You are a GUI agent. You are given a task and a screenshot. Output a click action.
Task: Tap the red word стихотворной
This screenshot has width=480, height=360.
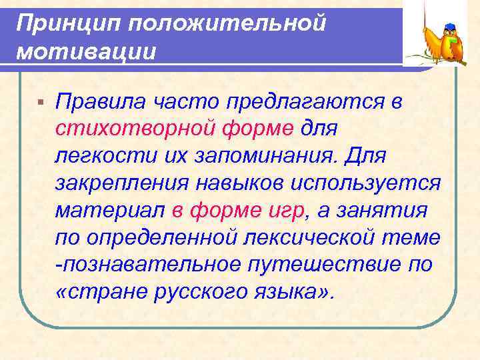[138, 128]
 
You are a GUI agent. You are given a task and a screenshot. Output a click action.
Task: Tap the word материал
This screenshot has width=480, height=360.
[110, 211]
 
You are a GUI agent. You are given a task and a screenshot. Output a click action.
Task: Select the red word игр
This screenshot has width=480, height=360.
[286, 211]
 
